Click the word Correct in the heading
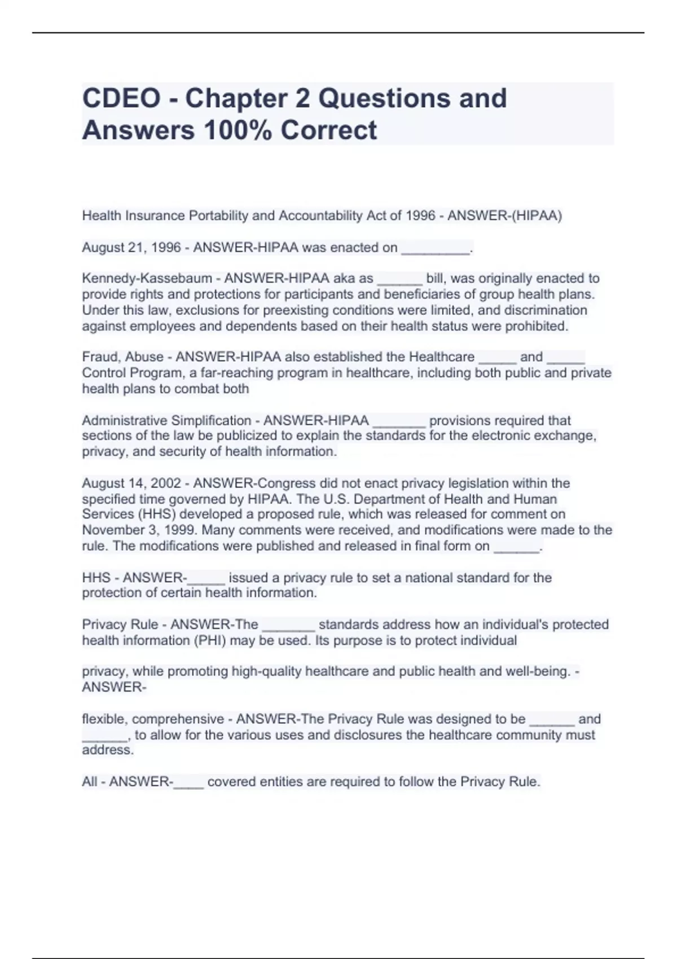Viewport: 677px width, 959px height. pyautogui.click(x=329, y=130)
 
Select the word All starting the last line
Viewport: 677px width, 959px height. pyautogui.click(x=89, y=782)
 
